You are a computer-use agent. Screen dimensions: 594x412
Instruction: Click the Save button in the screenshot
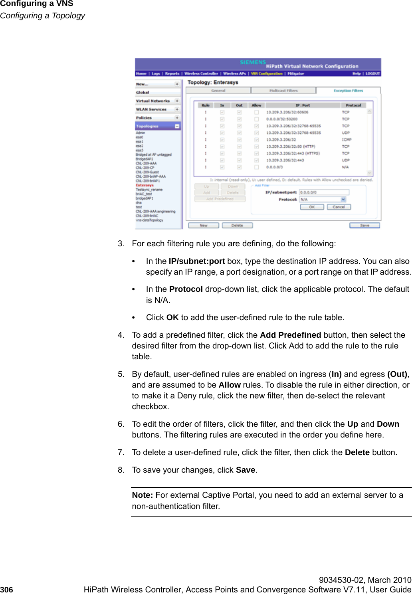click(x=364, y=226)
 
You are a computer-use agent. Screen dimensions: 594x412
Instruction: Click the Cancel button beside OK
click(x=339, y=207)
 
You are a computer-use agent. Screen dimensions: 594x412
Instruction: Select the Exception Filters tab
click(x=348, y=91)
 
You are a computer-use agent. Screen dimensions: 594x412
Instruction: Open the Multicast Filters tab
click(x=283, y=91)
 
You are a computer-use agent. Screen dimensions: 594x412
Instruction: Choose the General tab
click(x=218, y=91)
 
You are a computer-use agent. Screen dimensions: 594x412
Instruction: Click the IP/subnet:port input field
click(x=324, y=192)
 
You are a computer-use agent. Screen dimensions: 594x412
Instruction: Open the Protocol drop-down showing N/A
click(x=323, y=199)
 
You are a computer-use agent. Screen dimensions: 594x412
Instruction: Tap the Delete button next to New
click(x=237, y=226)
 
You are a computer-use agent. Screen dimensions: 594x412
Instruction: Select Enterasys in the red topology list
click(x=145, y=185)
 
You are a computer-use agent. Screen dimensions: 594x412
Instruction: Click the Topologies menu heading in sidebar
click(x=147, y=126)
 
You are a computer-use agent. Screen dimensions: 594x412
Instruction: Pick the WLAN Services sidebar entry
click(x=151, y=109)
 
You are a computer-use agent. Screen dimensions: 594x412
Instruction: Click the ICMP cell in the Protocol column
click(x=347, y=140)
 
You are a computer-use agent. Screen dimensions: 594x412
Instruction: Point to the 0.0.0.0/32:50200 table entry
click(x=282, y=119)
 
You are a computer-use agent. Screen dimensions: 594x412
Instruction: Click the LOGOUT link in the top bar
click(x=372, y=73)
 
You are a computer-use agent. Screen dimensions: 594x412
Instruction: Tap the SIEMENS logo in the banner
click(x=252, y=62)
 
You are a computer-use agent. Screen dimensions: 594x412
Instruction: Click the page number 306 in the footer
click(x=6, y=590)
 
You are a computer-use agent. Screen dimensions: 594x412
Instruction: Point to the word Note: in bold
click(x=142, y=495)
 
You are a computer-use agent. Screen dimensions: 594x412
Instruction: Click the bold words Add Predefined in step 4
click(x=290, y=335)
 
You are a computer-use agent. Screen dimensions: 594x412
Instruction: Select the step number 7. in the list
click(x=121, y=452)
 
